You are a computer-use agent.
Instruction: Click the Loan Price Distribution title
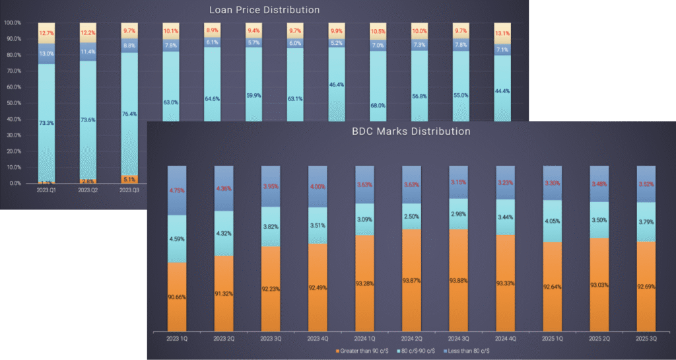click(x=264, y=10)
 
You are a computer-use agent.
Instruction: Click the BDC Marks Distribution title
click(x=411, y=131)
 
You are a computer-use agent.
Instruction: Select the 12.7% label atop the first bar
click(x=46, y=33)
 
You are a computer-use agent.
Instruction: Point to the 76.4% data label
click(x=130, y=114)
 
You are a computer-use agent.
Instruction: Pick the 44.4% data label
click(x=502, y=109)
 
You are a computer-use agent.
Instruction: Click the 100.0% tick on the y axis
click(x=13, y=23)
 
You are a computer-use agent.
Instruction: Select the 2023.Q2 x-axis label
click(x=88, y=190)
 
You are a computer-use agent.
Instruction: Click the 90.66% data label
click(x=177, y=297)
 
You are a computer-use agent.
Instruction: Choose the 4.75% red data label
click(x=177, y=191)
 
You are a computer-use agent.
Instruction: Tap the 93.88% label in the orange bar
click(x=458, y=280)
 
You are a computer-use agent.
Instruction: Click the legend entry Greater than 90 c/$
click(x=362, y=350)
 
